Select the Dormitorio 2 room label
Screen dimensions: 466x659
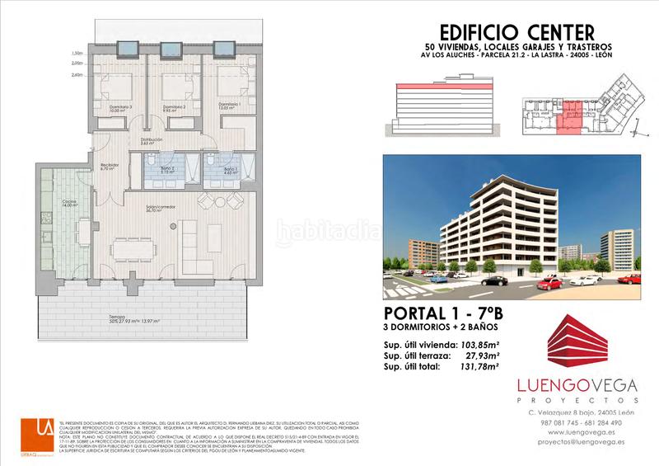pyautogui.click(x=174, y=107)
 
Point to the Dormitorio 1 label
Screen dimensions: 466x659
pyautogui.click(x=229, y=105)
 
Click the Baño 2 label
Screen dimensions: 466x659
pyautogui.click(x=167, y=168)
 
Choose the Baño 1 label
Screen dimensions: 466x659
pyautogui.click(x=230, y=169)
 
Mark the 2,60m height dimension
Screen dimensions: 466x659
pyautogui.click(x=77, y=75)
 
